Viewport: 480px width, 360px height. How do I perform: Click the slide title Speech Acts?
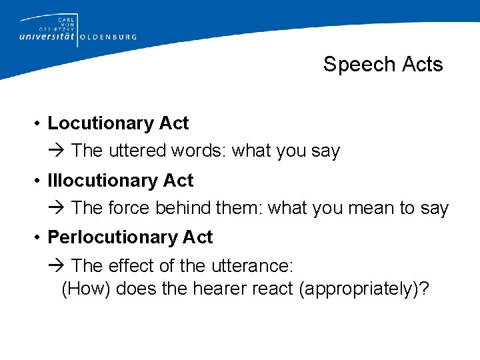383,64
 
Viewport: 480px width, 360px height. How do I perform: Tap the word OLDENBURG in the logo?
108,37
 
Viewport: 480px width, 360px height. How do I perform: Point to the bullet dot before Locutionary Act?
41,124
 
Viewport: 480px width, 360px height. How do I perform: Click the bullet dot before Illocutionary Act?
41,181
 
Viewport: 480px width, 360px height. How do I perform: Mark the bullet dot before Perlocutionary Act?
41,238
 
